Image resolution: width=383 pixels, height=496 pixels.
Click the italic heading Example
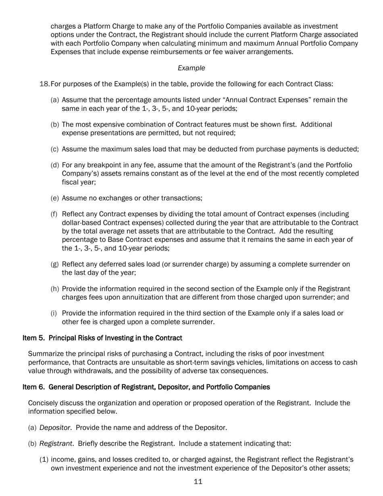pyautogui.click(x=191, y=68)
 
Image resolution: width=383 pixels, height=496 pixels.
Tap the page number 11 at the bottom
pyautogui.click(x=198, y=481)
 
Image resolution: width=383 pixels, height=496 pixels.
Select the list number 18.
pyautogui.click(x=44, y=84)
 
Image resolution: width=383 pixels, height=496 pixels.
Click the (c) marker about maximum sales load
pyautogui.click(x=55, y=149)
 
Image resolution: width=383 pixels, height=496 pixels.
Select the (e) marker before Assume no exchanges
pyautogui.click(x=55, y=198)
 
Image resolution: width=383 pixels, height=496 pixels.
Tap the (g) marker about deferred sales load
pyautogui.click(x=55, y=265)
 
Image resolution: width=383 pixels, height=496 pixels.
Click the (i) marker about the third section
pyautogui.click(x=55, y=313)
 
